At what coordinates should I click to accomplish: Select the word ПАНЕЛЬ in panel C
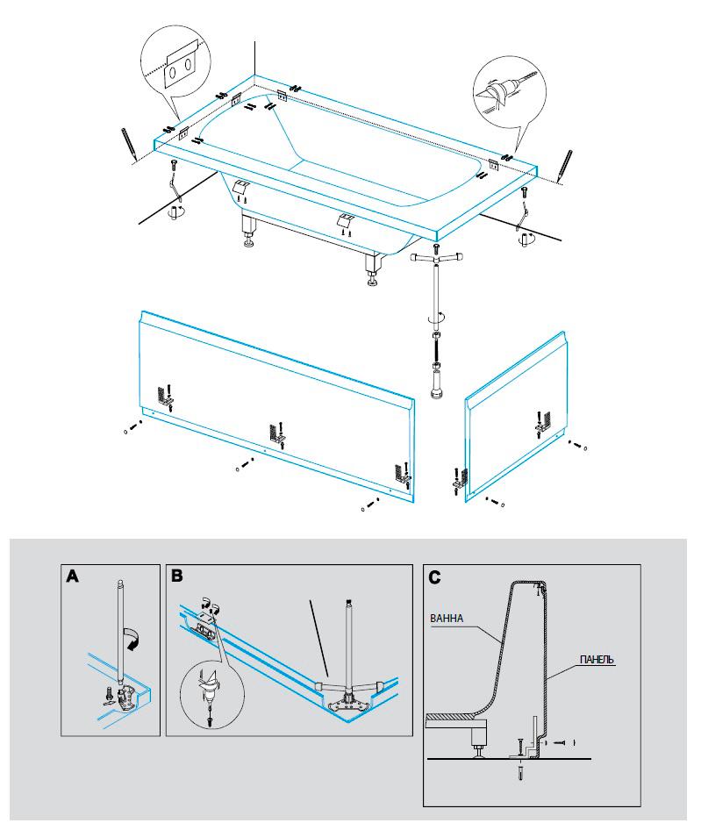point(596,658)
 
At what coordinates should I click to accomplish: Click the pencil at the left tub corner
point(128,142)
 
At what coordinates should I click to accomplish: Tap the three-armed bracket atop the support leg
point(436,258)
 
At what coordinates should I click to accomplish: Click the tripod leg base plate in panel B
point(348,700)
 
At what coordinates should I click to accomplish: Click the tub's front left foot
point(250,233)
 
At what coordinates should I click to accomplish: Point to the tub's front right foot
point(374,271)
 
